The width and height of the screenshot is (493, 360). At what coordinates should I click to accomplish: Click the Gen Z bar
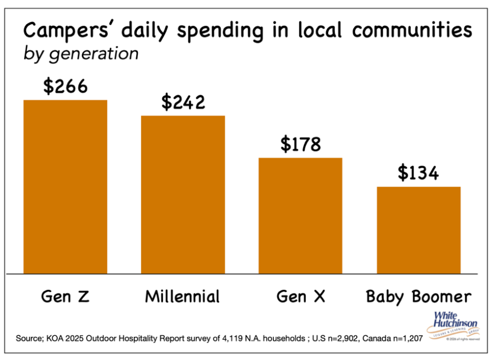(x=65, y=187)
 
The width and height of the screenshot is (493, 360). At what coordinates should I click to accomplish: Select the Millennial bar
(x=183, y=195)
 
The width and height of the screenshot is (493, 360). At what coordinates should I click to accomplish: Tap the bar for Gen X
(x=300, y=216)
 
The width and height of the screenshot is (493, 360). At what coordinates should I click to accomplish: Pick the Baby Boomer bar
(x=418, y=230)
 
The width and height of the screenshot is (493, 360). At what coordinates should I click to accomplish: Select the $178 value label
(x=300, y=144)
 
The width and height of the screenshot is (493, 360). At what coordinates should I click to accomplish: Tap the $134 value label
(x=418, y=173)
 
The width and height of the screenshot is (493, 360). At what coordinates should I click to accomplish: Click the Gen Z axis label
(x=65, y=296)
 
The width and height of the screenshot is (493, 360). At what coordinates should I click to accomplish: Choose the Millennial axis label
(x=183, y=296)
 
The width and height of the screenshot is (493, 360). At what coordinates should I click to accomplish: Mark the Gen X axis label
(x=300, y=296)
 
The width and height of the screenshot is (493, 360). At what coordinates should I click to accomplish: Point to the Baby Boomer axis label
(x=418, y=296)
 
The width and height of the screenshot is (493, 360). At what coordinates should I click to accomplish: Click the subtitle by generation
(x=81, y=54)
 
